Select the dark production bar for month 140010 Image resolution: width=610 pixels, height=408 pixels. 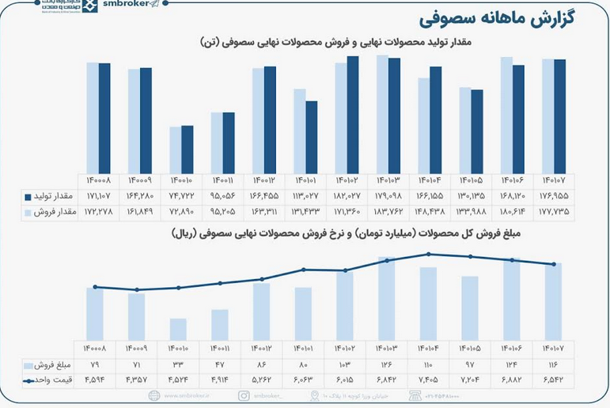[187, 149]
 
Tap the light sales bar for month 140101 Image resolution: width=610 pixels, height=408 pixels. [299, 130]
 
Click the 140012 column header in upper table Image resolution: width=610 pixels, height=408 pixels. [263, 181]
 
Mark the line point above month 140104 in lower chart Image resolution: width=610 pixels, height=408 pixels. [428, 254]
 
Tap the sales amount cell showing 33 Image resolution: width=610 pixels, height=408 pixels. [179, 365]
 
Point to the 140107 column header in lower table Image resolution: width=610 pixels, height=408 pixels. [553, 348]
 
